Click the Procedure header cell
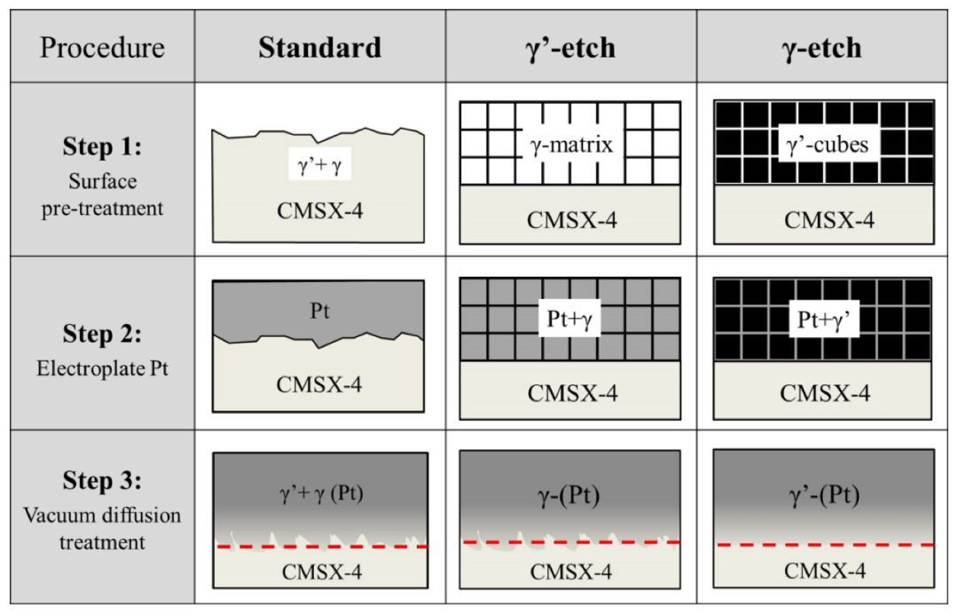103,47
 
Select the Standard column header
320,47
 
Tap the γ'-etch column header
570,47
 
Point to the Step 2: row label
103,334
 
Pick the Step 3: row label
103,480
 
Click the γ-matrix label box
570,144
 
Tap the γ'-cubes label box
823,144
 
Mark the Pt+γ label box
569,319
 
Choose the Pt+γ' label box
823,319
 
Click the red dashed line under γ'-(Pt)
823,544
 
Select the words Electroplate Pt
103,367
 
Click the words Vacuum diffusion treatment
103,527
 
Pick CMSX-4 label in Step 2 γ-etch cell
823,392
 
